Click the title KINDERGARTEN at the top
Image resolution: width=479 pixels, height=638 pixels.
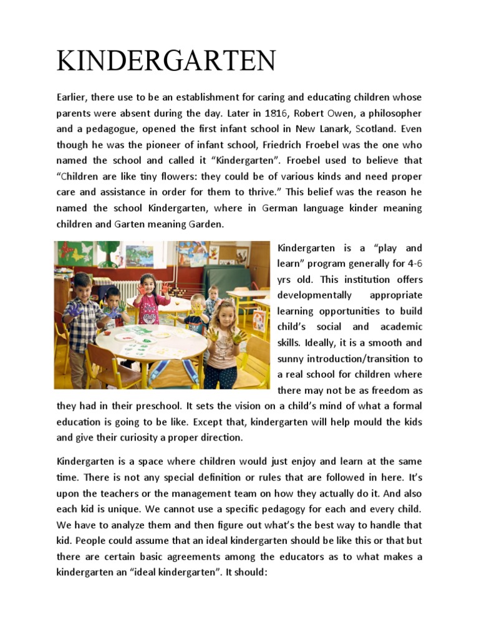pyautogui.click(x=166, y=61)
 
